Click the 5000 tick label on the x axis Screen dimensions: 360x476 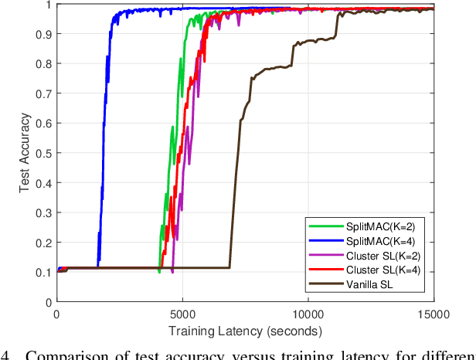coord(182,316)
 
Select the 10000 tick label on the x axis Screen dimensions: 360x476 coord(308,316)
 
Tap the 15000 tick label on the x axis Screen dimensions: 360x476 coord(433,316)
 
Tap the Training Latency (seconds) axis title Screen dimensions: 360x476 coord(245,332)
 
